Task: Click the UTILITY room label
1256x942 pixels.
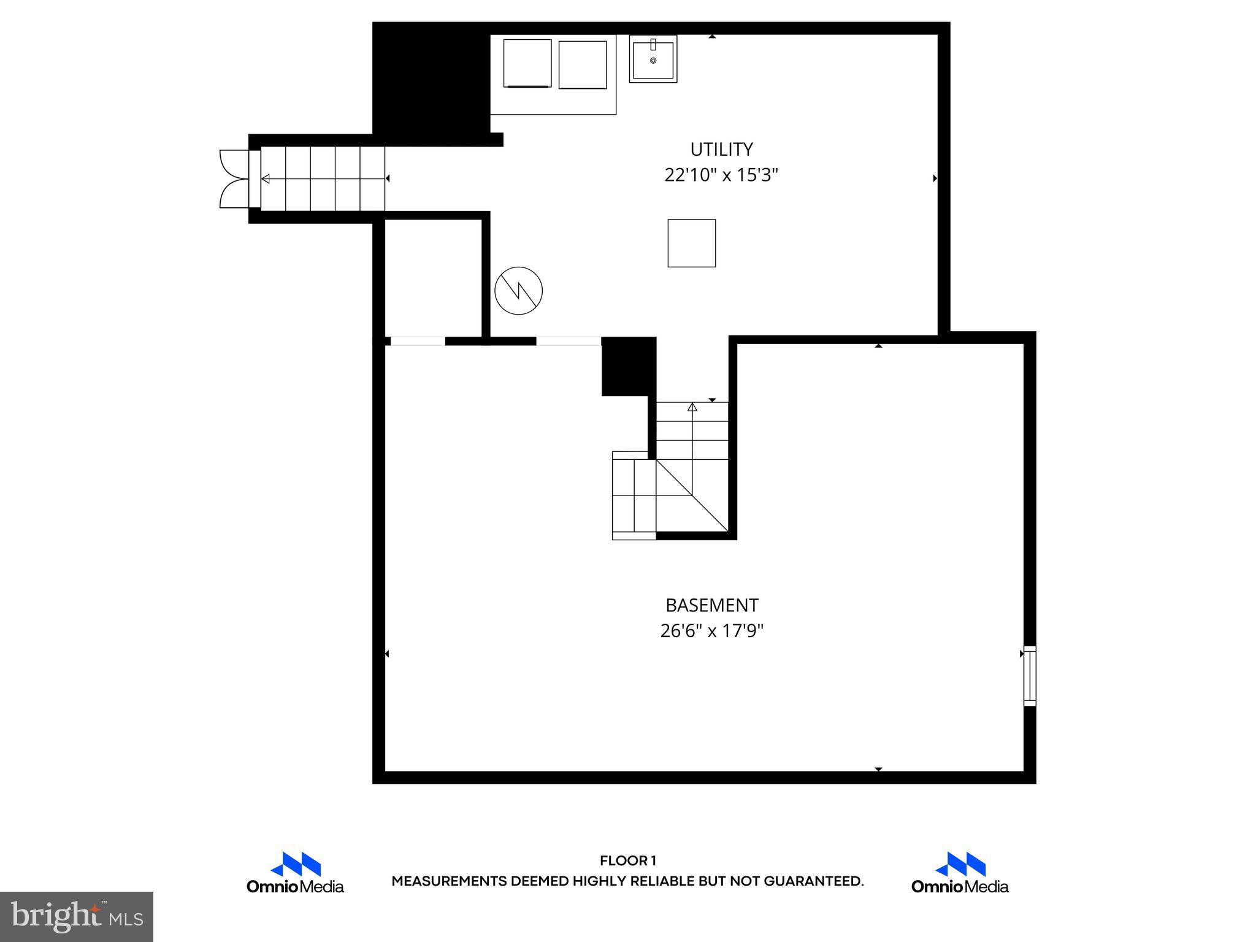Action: (721, 150)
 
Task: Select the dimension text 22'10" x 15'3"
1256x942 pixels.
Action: (721, 175)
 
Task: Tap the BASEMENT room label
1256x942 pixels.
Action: (711, 605)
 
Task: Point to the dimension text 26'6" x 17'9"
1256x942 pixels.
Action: (711, 631)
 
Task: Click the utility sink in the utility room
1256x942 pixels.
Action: (653, 59)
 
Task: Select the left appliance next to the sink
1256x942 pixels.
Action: (527, 64)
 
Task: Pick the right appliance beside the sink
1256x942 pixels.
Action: (583, 65)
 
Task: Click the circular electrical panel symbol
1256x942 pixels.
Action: (518, 291)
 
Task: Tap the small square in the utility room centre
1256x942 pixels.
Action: (691, 243)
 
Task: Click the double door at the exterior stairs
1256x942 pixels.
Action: (234, 178)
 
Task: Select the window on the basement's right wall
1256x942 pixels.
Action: (1030, 675)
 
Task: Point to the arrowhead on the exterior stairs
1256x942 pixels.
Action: (266, 178)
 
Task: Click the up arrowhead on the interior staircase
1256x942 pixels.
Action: (692, 407)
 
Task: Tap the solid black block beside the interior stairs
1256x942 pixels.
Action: (628, 367)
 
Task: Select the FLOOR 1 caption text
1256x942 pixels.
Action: (627, 861)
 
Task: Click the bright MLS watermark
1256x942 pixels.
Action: (77, 916)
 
